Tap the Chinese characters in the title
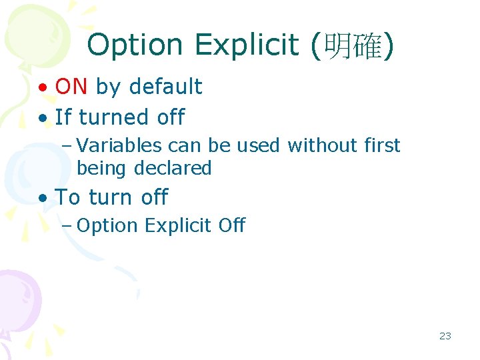352,45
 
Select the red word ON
71,86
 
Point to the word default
167,87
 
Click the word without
317,145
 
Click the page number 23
445,336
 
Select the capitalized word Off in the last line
231,225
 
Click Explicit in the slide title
247,45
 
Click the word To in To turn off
68,197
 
